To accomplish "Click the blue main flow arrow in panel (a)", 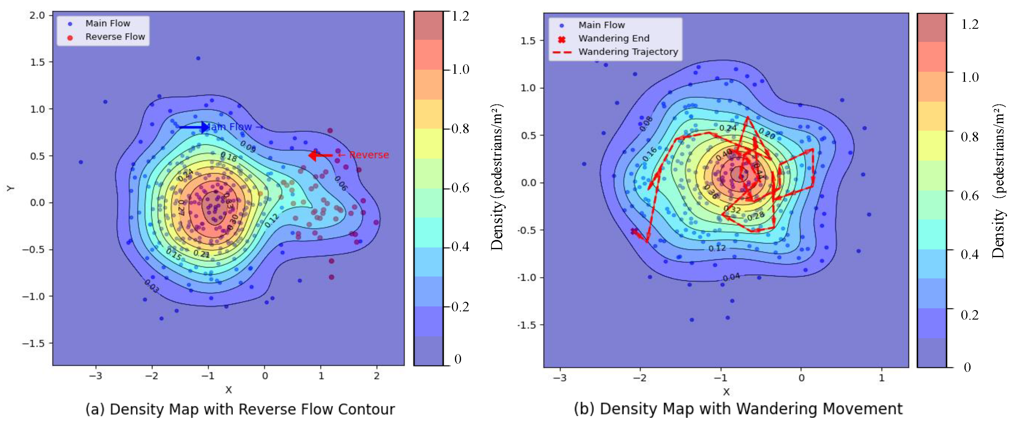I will (194, 127).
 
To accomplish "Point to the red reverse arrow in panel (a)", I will (320, 155).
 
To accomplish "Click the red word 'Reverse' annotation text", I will (369, 155).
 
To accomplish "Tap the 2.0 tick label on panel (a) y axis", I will (37, 15).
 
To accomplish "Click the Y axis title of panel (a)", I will (11, 188).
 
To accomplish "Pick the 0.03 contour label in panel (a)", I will (152, 286).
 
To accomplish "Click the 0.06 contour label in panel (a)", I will (341, 183).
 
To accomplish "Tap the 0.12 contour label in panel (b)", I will (717, 248).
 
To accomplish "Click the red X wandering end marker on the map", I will (634, 231).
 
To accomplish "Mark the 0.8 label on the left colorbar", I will (460, 129).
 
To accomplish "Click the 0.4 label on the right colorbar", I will (969, 255).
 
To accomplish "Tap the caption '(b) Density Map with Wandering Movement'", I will (738, 409).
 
